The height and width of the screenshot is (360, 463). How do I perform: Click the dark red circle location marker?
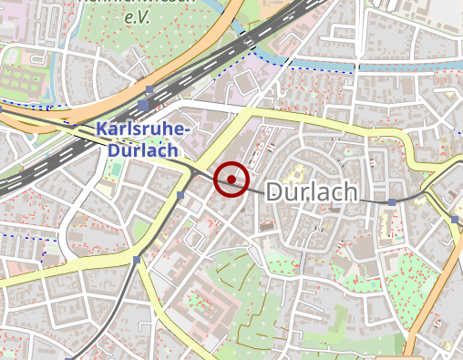coord(231,180)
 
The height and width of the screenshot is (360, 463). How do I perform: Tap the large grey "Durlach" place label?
coord(311,192)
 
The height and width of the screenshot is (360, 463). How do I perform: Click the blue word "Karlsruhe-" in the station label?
coord(143,129)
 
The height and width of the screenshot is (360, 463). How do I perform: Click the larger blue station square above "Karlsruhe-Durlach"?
coord(143,106)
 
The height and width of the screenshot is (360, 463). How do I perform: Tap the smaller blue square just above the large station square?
coord(149,89)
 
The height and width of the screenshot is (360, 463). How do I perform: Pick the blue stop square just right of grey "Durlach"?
coord(392,202)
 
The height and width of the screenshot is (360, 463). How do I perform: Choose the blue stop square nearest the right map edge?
coord(455,219)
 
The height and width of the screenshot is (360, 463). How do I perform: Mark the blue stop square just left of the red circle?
coord(180,195)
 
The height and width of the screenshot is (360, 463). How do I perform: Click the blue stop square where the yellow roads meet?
coord(137,260)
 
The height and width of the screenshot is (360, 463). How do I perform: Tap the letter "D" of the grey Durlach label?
coord(275,192)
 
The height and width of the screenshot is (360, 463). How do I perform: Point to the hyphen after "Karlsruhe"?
coord(186,131)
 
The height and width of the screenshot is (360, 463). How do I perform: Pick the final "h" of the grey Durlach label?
coord(349,192)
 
